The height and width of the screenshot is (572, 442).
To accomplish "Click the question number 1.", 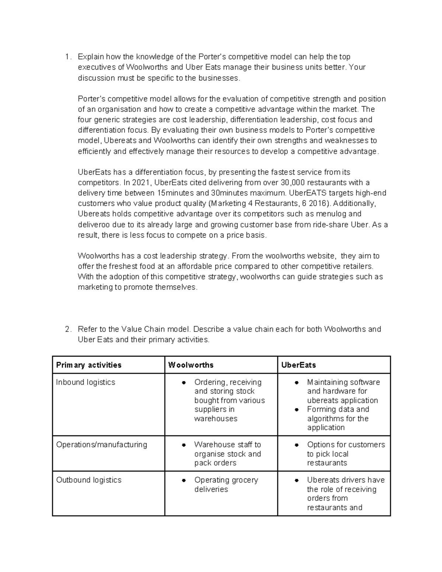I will [67, 57].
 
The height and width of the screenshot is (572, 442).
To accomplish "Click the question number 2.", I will [67, 329].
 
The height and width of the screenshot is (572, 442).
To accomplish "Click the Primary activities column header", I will [88, 365].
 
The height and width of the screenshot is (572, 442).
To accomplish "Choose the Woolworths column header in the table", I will [190, 365].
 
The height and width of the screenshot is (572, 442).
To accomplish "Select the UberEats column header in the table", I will [298, 365].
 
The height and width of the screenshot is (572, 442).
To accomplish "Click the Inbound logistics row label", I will [85, 382].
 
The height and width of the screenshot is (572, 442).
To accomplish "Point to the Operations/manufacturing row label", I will [101, 445].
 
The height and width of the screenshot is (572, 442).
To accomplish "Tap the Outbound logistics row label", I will [88, 480].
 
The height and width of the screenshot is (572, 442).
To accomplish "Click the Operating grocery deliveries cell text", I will [226, 484].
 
